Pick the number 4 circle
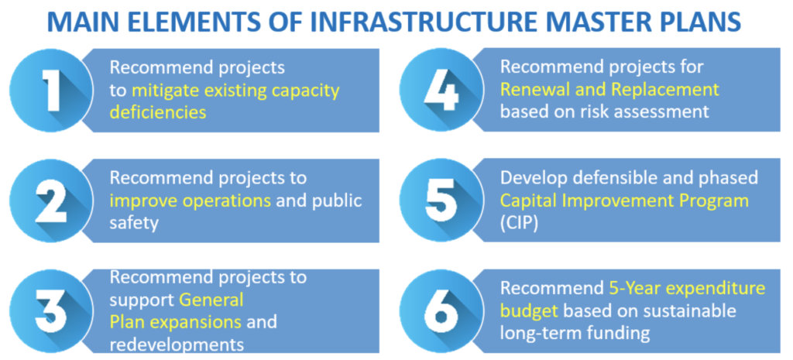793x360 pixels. click(x=442, y=91)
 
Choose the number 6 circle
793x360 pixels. click(x=442, y=311)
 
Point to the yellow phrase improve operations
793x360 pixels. click(x=191, y=201)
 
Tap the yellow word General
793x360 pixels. click(x=211, y=299)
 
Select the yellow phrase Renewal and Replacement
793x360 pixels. click(x=609, y=90)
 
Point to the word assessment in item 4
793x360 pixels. click(x=661, y=111)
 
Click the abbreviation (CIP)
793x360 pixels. click(x=519, y=223)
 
